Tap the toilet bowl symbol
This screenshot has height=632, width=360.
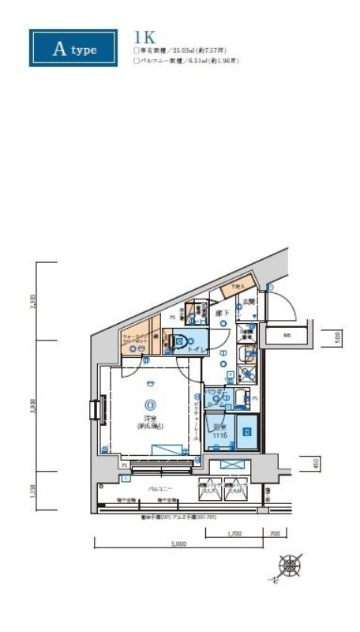coord(179,342)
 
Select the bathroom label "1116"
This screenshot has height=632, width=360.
coord(221,436)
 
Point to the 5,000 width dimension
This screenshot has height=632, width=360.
coord(178,544)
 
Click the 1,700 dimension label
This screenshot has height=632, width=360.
coord(234,533)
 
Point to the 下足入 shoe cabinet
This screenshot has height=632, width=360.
coord(237,286)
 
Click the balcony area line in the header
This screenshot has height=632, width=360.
coord(188,60)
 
